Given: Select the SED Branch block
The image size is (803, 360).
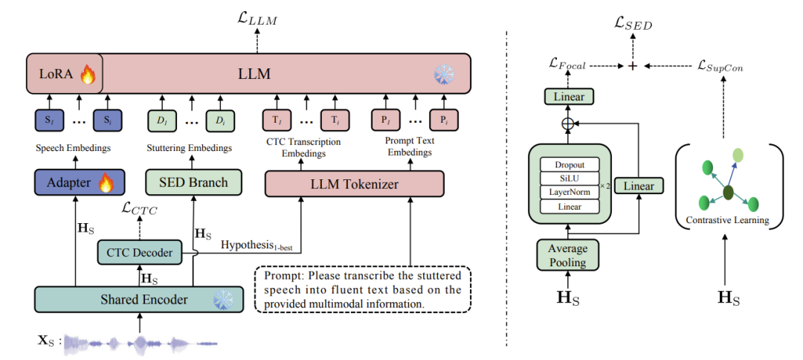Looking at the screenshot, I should click(x=193, y=181).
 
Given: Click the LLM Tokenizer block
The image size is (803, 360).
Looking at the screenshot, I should click(x=354, y=183).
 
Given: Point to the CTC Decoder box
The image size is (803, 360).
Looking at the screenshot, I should click(x=139, y=253).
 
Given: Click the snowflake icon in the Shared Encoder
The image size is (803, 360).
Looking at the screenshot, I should click(x=222, y=299).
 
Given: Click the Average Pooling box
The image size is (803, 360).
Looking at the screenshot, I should click(x=568, y=255).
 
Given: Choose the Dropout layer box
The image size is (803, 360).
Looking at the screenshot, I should click(x=570, y=164).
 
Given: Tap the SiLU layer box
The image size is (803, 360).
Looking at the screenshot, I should click(x=570, y=179).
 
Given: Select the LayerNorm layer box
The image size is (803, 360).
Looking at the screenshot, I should click(x=570, y=192).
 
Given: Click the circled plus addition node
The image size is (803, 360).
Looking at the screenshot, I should click(x=568, y=121).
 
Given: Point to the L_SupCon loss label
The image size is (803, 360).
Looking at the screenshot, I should click(x=720, y=66).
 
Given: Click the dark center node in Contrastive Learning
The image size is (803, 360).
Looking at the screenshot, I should click(x=728, y=193).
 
